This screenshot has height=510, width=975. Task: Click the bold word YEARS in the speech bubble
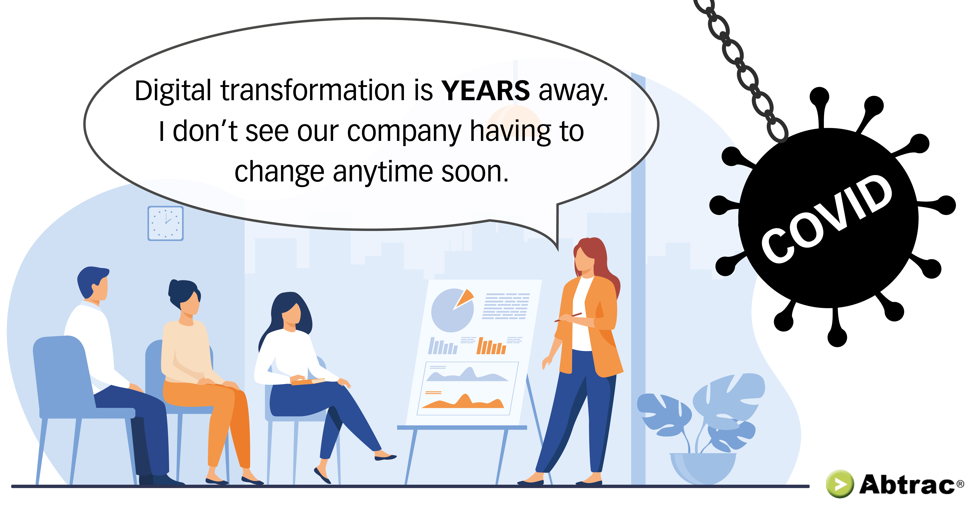[486, 91]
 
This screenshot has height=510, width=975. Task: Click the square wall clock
[165, 223]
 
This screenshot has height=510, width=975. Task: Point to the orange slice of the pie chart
[465, 298]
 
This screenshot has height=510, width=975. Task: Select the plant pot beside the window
[703, 468]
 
